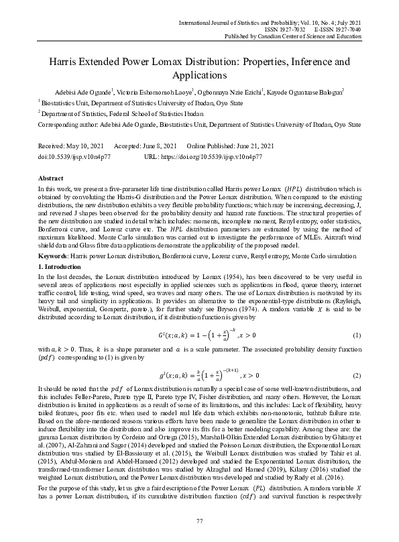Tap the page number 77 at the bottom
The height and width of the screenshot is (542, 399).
[x=199, y=521]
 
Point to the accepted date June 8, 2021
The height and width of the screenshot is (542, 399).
[x=160, y=146]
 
